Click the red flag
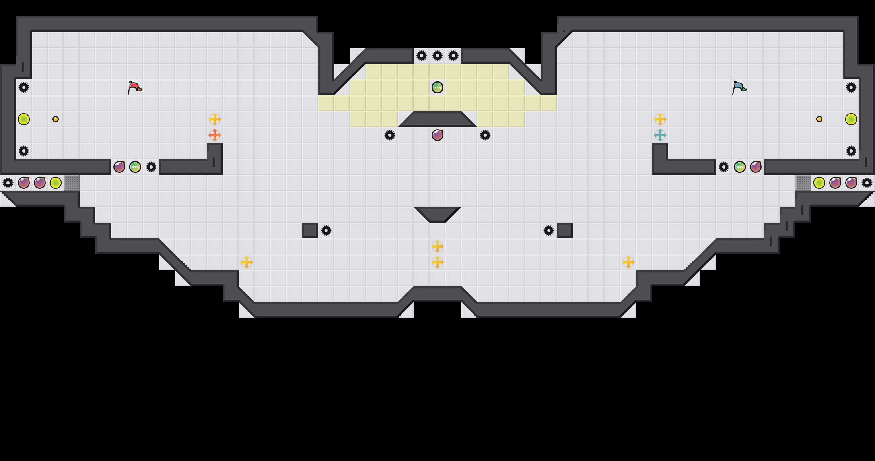pyautogui.click(x=134, y=87)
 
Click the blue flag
pyautogui.click(x=739, y=87)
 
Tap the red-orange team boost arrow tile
pyautogui.click(x=215, y=135)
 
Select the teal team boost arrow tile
pyautogui.click(x=660, y=135)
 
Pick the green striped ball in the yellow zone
pyautogui.click(x=437, y=87)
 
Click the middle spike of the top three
pyautogui.click(x=437, y=56)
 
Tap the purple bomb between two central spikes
pyautogui.click(x=437, y=135)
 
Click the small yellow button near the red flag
pyautogui.click(x=56, y=119)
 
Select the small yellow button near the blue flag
pyautogui.click(x=819, y=119)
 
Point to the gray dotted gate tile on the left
pyautogui.click(x=72, y=183)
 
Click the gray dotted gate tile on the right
pyautogui.click(x=803, y=183)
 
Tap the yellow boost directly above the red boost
pyautogui.click(x=215, y=119)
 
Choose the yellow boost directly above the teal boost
pyautogui.click(x=660, y=119)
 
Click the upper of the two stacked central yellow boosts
pyautogui.click(x=437, y=246)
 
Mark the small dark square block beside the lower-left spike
pyautogui.click(x=310, y=230)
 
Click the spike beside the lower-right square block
pyautogui.click(x=549, y=230)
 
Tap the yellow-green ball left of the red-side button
pyautogui.click(x=24, y=119)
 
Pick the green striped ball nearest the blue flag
pyautogui.click(x=740, y=167)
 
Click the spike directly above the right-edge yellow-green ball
pyautogui.click(x=851, y=87)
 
